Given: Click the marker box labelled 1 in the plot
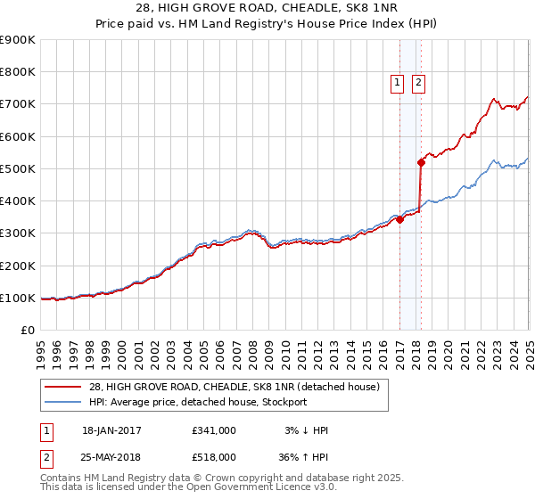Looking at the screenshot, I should click(x=397, y=83).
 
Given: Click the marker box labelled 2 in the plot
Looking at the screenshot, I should click(x=418, y=83).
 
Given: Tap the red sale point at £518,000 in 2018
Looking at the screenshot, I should click(x=421, y=162).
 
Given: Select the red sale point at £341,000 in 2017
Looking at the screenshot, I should click(x=399, y=220).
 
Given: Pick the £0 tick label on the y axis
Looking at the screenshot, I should click(x=28, y=331).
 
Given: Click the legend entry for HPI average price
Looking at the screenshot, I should click(x=198, y=402).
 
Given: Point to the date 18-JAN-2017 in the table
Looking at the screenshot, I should click(x=111, y=430).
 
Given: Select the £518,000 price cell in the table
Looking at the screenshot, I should click(x=213, y=456).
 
